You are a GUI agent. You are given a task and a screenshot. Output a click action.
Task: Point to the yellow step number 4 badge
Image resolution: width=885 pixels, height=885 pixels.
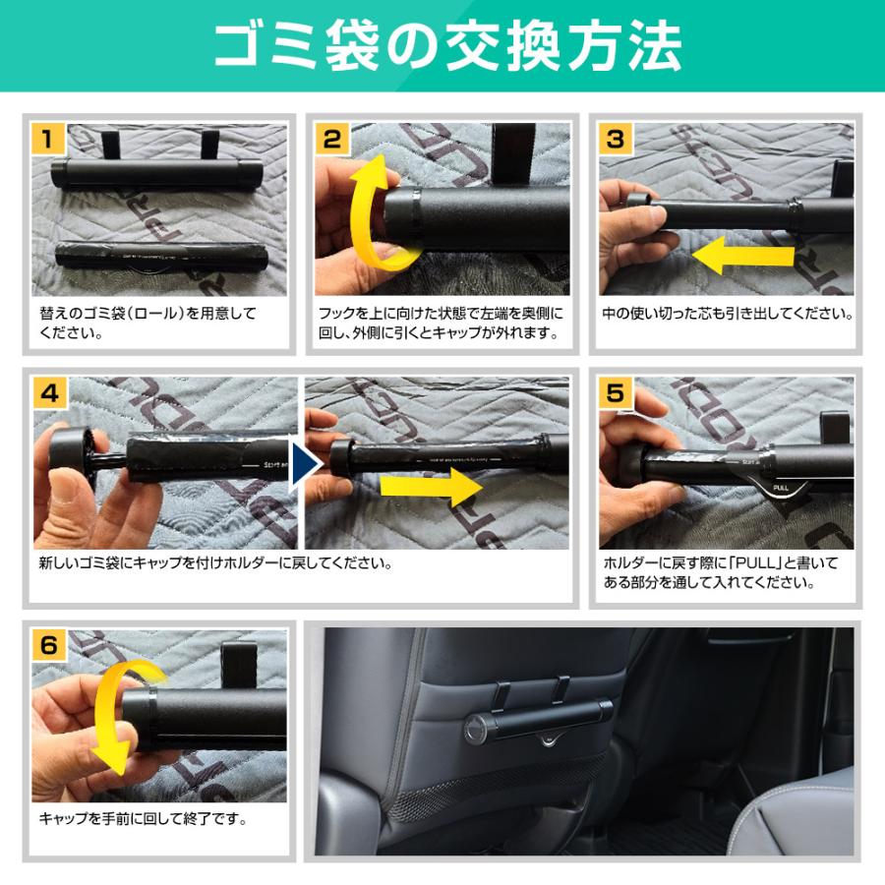[50, 392]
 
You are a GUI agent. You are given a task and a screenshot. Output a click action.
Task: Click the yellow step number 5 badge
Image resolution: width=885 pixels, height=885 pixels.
[616, 392]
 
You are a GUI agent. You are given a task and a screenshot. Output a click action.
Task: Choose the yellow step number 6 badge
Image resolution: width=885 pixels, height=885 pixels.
[50, 645]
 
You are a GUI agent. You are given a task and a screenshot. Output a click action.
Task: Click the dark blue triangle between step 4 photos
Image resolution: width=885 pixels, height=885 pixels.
[302, 462]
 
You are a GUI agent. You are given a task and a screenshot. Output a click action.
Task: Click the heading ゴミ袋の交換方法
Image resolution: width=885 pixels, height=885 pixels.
[442, 45]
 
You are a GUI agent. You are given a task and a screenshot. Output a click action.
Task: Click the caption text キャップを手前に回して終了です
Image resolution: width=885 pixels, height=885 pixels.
[143, 818]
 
